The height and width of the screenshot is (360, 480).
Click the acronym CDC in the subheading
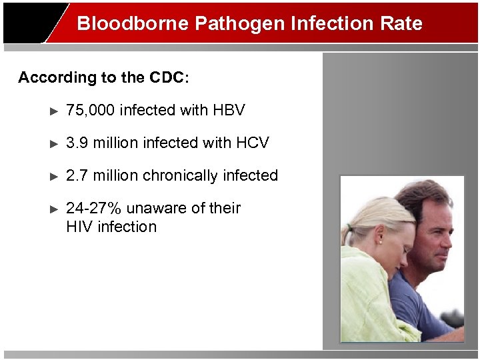pos(170,77)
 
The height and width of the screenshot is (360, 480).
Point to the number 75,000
pos(90,109)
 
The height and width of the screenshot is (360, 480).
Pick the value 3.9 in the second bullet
pos(77,143)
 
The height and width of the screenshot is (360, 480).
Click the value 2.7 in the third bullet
pos(77,175)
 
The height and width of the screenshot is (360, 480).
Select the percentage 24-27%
pos(93,208)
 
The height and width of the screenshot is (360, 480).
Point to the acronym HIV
pos(79,227)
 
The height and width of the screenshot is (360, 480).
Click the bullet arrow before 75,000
pos(55,110)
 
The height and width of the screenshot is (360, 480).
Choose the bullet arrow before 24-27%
pos(55,209)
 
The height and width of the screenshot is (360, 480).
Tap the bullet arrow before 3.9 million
pos(55,143)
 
